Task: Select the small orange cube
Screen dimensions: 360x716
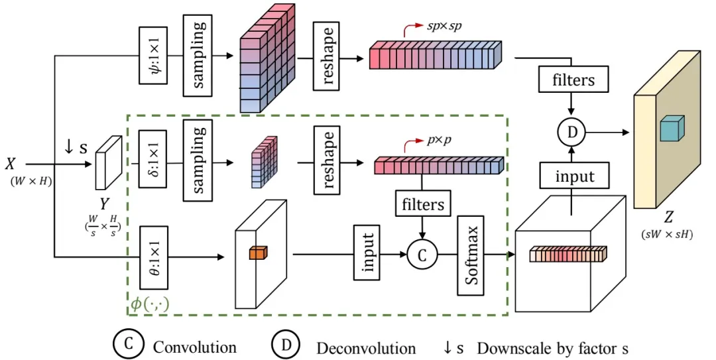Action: (x=257, y=253)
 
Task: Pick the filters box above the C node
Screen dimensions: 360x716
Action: (x=423, y=204)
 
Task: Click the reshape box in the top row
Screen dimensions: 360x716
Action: (x=329, y=58)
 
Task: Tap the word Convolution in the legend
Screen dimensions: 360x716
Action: (x=194, y=347)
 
